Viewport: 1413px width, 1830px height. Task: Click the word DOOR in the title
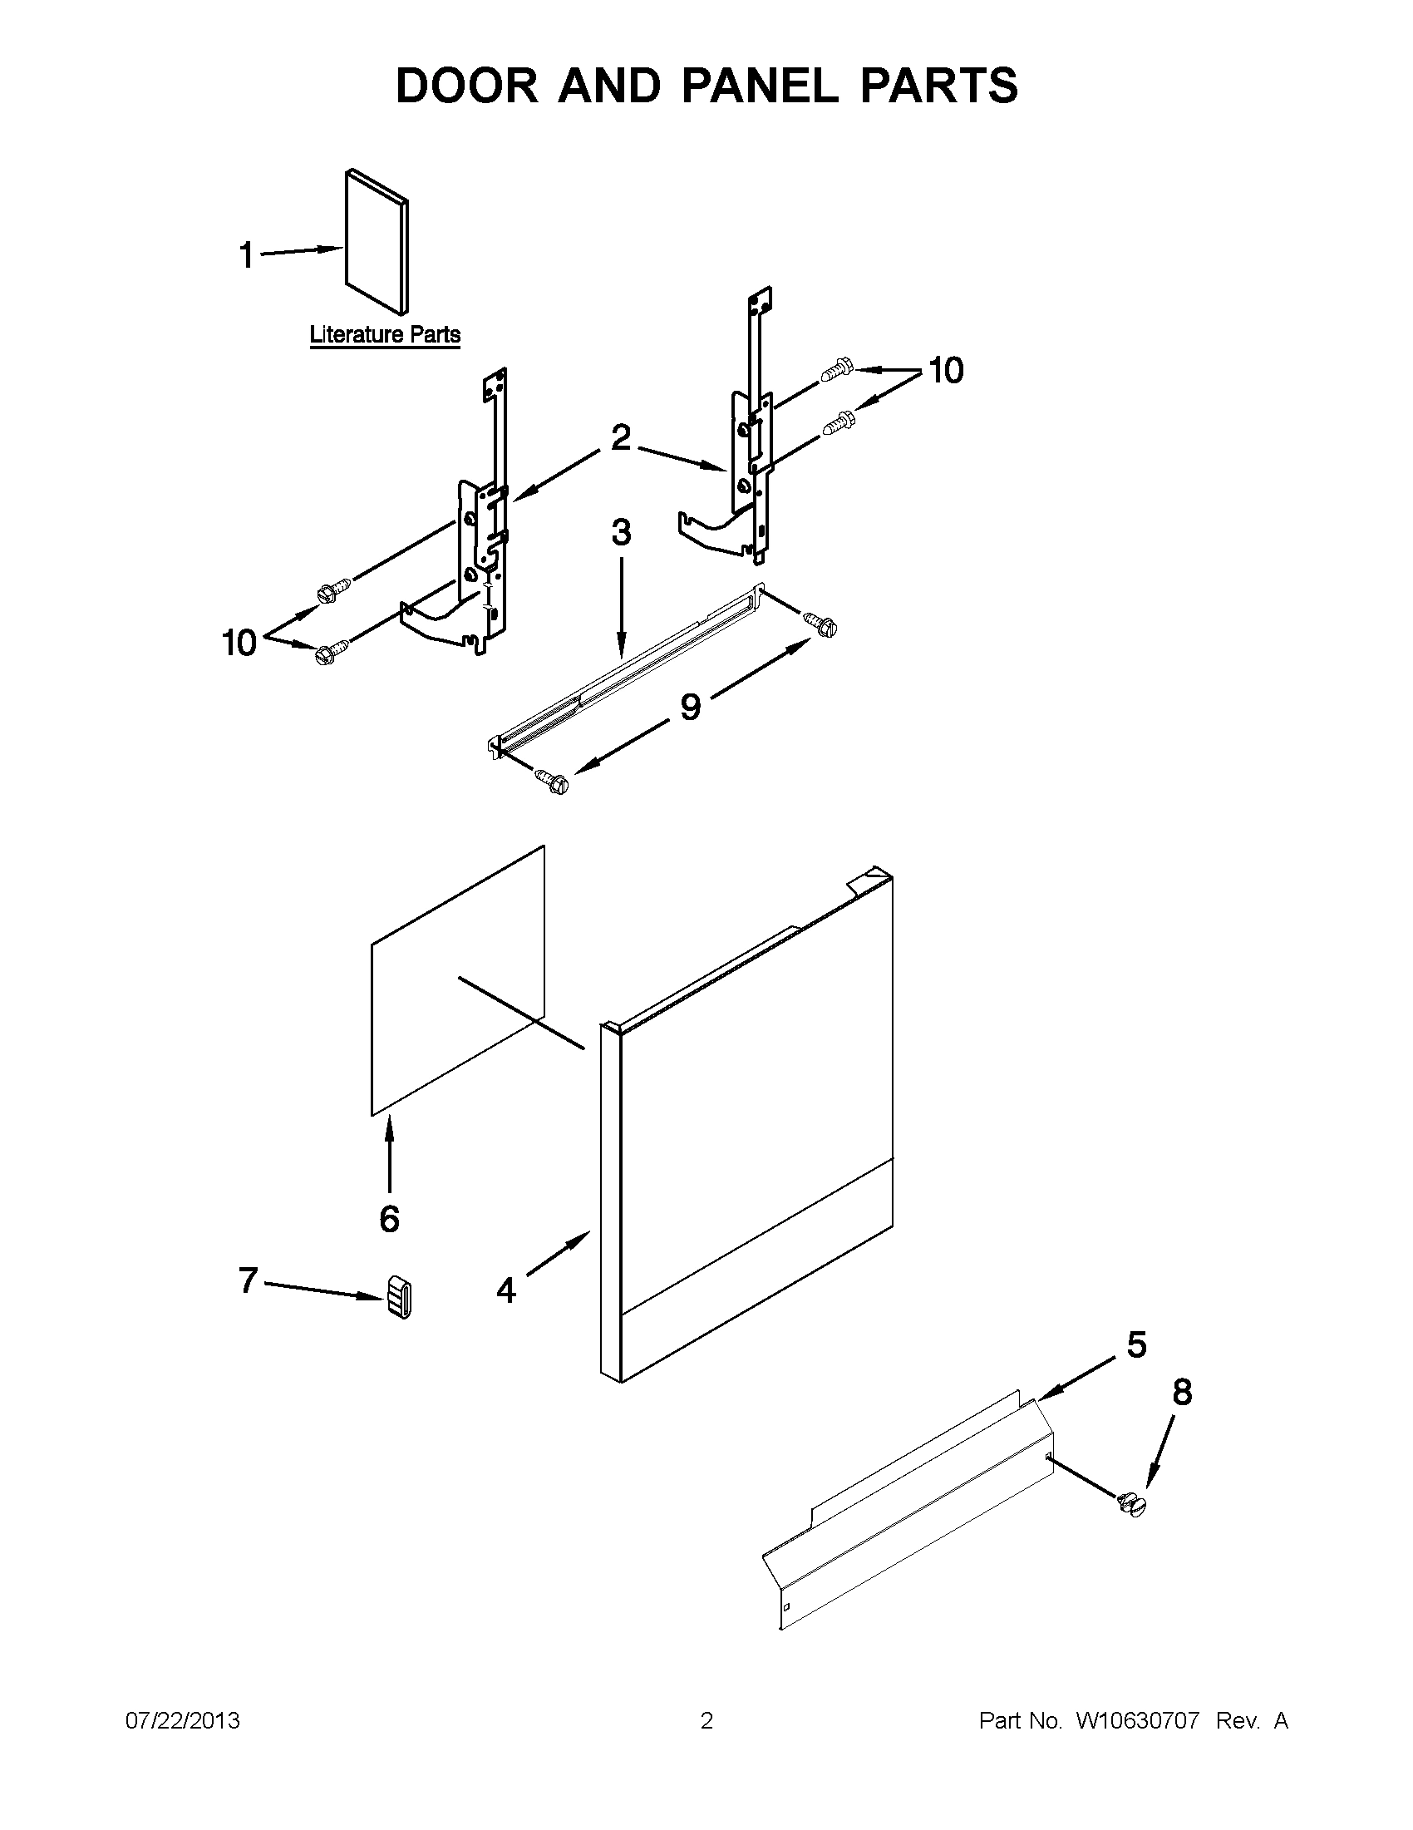coord(467,86)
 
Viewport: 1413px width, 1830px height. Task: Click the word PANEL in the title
coord(759,86)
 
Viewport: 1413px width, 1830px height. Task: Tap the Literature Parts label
coord(385,334)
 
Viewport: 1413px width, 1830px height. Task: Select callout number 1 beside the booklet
coord(246,254)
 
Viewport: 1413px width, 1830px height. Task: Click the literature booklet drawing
coord(376,242)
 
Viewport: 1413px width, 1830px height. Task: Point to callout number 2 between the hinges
coord(620,437)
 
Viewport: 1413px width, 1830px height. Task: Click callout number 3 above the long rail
coord(621,532)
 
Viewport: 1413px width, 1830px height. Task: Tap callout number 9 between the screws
coord(689,707)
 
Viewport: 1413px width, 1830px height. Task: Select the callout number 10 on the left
coord(239,643)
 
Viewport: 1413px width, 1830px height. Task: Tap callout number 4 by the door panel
coord(506,1290)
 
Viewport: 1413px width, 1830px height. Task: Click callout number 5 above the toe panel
coord(1136,1344)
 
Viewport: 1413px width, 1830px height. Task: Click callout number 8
coord(1182,1392)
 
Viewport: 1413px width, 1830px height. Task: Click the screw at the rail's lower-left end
coord(554,782)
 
